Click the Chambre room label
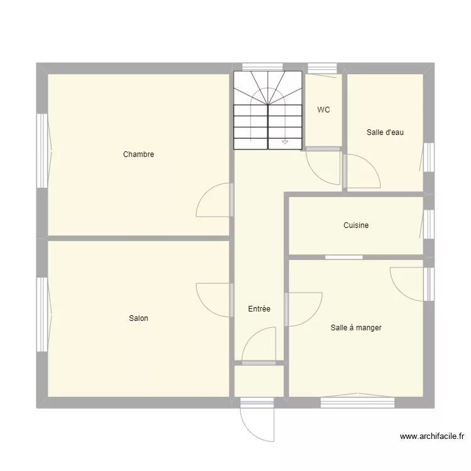click(x=139, y=154)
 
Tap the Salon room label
click(x=139, y=318)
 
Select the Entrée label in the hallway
click(x=259, y=309)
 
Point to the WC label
click(x=323, y=110)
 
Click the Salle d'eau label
click(x=385, y=133)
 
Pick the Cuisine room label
click(x=356, y=225)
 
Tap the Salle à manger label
click(x=356, y=328)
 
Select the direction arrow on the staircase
click(x=285, y=143)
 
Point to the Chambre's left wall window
click(x=41, y=151)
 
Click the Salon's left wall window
click(x=41, y=314)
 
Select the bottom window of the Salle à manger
click(x=357, y=402)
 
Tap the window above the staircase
click(x=262, y=66)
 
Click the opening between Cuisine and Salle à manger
click(x=344, y=257)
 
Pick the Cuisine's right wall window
click(x=429, y=224)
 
